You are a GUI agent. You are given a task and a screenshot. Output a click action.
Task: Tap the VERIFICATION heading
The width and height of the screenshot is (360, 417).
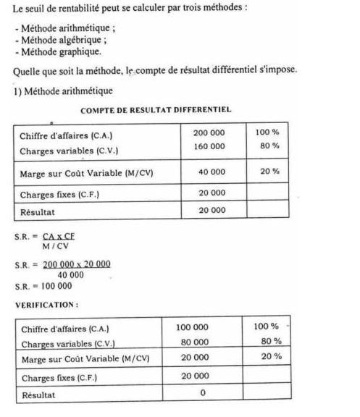[46, 305]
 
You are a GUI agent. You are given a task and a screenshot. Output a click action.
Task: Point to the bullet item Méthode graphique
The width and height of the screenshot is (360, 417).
[57, 51]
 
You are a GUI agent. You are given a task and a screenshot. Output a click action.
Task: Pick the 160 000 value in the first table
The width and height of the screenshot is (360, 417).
[209, 146]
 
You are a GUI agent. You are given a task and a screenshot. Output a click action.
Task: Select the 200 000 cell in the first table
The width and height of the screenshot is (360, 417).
[209, 133]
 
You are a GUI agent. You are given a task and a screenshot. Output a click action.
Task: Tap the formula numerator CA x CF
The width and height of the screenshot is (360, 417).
[59, 237]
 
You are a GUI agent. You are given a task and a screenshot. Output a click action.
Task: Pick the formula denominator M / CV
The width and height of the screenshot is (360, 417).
[56, 246]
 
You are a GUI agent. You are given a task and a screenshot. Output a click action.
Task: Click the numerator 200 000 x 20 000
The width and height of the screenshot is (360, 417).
[77, 265]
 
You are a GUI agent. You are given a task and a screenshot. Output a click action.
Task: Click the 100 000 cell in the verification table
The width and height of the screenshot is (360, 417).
[192, 327]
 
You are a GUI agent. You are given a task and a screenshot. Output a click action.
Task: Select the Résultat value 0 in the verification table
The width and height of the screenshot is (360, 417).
[203, 393]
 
